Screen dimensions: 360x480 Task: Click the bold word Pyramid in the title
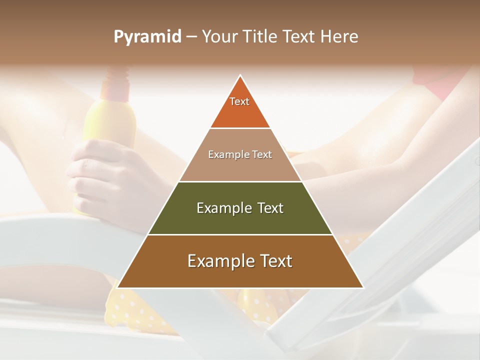point(147,36)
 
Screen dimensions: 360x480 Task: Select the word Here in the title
point(339,36)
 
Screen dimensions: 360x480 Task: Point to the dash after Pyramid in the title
point(191,37)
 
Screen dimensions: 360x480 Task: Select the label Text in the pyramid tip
point(239,101)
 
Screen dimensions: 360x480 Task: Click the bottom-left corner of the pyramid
point(118,287)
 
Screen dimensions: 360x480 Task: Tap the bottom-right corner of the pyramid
point(362,287)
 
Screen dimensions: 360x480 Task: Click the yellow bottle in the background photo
point(111,120)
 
